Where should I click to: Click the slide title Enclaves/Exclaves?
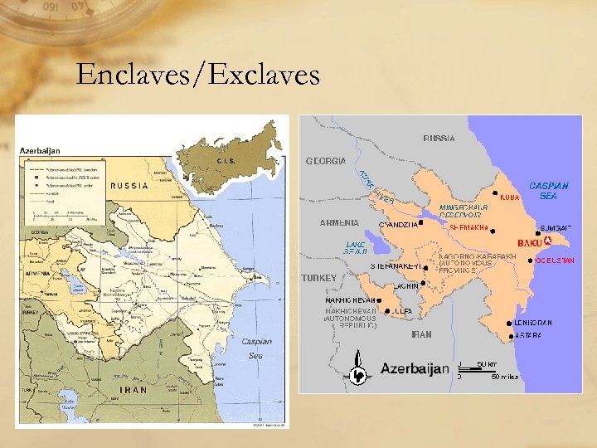pyautogui.click(x=197, y=75)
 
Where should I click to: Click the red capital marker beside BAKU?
pyautogui.click(x=546, y=241)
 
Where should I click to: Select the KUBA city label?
pyautogui.click(x=510, y=198)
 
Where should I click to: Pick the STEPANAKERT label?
pyautogui.click(x=396, y=265)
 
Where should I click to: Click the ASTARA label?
pyautogui.click(x=528, y=336)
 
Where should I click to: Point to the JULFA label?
pyautogui.click(x=402, y=311)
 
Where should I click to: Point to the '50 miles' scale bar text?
pyautogui.click(x=504, y=377)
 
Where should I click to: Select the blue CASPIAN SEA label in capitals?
pyautogui.click(x=548, y=191)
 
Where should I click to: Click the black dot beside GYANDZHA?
pyautogui.click(x=421, y=222)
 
